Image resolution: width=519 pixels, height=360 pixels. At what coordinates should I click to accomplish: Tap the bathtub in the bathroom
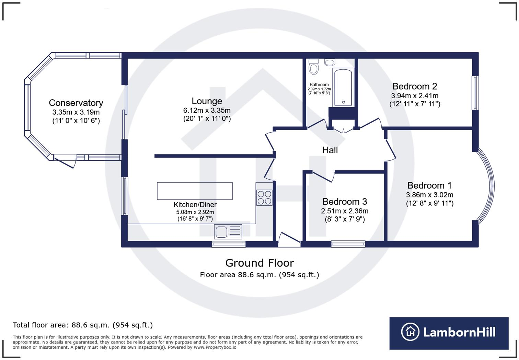click(x=343, y=88)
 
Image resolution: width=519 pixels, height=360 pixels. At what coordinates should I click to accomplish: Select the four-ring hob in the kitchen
click(x=264, y=198)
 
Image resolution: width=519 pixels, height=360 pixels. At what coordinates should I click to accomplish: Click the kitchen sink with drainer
click(x=228, y=232)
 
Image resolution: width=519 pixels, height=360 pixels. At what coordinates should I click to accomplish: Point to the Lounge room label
click(x=207, y=101)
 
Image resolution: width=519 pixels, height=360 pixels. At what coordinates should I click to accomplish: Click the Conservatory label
click(x=76, y=103)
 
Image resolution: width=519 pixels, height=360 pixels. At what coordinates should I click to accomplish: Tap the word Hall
click(x=330, y=150)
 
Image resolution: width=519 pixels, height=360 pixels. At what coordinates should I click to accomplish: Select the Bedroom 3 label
click(x=345, y=202)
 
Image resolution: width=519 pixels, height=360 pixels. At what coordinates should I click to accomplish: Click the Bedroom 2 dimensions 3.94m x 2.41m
click(x=415, y=96)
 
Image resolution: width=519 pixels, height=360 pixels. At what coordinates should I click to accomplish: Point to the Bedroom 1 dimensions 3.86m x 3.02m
click(x=429, y=195)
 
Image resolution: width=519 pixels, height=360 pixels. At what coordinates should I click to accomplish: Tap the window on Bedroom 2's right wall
click(x=475, y=93)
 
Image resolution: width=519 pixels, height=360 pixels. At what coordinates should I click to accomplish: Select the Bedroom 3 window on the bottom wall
click(x=348, y=244)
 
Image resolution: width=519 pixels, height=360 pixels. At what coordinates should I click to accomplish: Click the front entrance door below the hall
click(x=289, y=240)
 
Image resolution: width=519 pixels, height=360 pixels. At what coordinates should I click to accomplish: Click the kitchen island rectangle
click(x=195, y=191)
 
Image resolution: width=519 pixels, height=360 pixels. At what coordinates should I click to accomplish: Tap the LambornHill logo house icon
click(x=410, y=332)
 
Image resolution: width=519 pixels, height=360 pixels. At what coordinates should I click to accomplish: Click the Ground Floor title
click(x=259, y=263)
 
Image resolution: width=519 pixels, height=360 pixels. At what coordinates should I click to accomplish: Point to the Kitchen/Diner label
click(x=195, y=205)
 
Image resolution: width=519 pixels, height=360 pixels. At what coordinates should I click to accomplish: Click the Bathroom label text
click(x=319, y=85)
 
